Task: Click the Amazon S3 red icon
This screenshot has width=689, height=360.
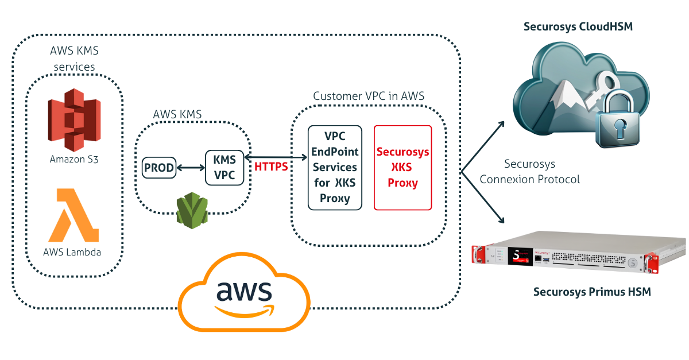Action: point(75,119)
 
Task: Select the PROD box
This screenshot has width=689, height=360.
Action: point(159,168)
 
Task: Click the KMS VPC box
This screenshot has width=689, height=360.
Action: point(224,168)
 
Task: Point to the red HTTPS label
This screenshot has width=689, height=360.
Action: point(271,167)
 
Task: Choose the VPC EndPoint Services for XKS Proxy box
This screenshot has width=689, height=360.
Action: point(335,167)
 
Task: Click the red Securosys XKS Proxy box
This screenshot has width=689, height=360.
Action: point(402,167)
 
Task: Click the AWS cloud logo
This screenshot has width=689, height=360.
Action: point(244,293)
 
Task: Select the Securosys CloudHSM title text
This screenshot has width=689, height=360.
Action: point(578,26)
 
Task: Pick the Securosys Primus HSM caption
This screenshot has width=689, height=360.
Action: point(592,292)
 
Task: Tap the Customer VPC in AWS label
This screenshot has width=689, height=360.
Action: point(369,96)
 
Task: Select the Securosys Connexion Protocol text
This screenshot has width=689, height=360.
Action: point(529,172)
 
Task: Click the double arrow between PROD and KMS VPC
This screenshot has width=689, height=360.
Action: point(191,168)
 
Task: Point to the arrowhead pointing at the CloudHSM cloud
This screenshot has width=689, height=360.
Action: point(502,123)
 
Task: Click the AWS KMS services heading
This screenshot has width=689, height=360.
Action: point(74,59)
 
